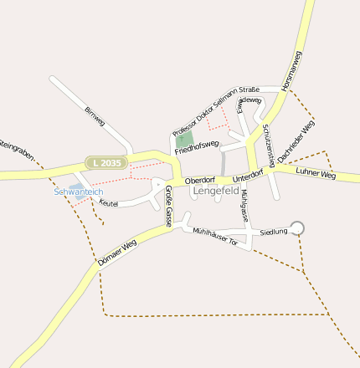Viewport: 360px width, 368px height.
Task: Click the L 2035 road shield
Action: pos(108,162)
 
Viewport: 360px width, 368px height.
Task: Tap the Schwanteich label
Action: pos(78,192)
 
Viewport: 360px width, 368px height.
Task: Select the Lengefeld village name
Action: pos(217,191)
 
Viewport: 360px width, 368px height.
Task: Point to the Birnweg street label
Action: pos(95,116)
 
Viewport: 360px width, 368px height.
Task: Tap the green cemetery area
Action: pos(185,139)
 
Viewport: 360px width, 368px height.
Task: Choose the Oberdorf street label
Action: pos(200,180)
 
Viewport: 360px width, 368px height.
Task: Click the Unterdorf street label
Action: pos(249,176)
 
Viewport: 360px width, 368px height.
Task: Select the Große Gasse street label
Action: pos(168,210)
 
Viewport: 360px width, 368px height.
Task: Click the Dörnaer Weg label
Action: pos(116,253)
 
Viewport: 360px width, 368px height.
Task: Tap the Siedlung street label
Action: pos(274,231)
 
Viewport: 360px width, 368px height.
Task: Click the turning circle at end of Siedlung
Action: pos(296,227)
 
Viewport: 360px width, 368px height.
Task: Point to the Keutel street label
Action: pos(109,202)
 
